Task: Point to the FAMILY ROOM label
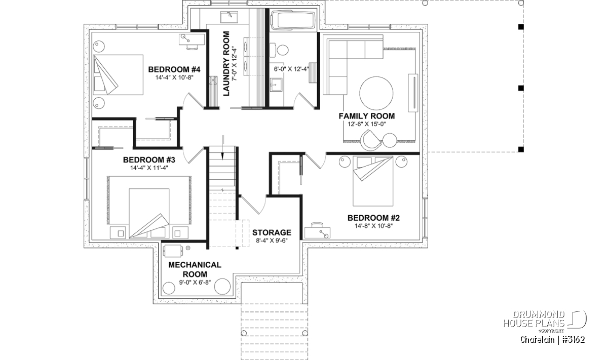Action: [x=366, y=116]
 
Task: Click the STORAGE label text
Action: [x=272, y=232]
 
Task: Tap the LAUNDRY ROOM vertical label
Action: [x=226, y=64]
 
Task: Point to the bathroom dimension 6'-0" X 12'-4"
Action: [x=291, y=69]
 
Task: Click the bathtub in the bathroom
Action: [x=294, y=21]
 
